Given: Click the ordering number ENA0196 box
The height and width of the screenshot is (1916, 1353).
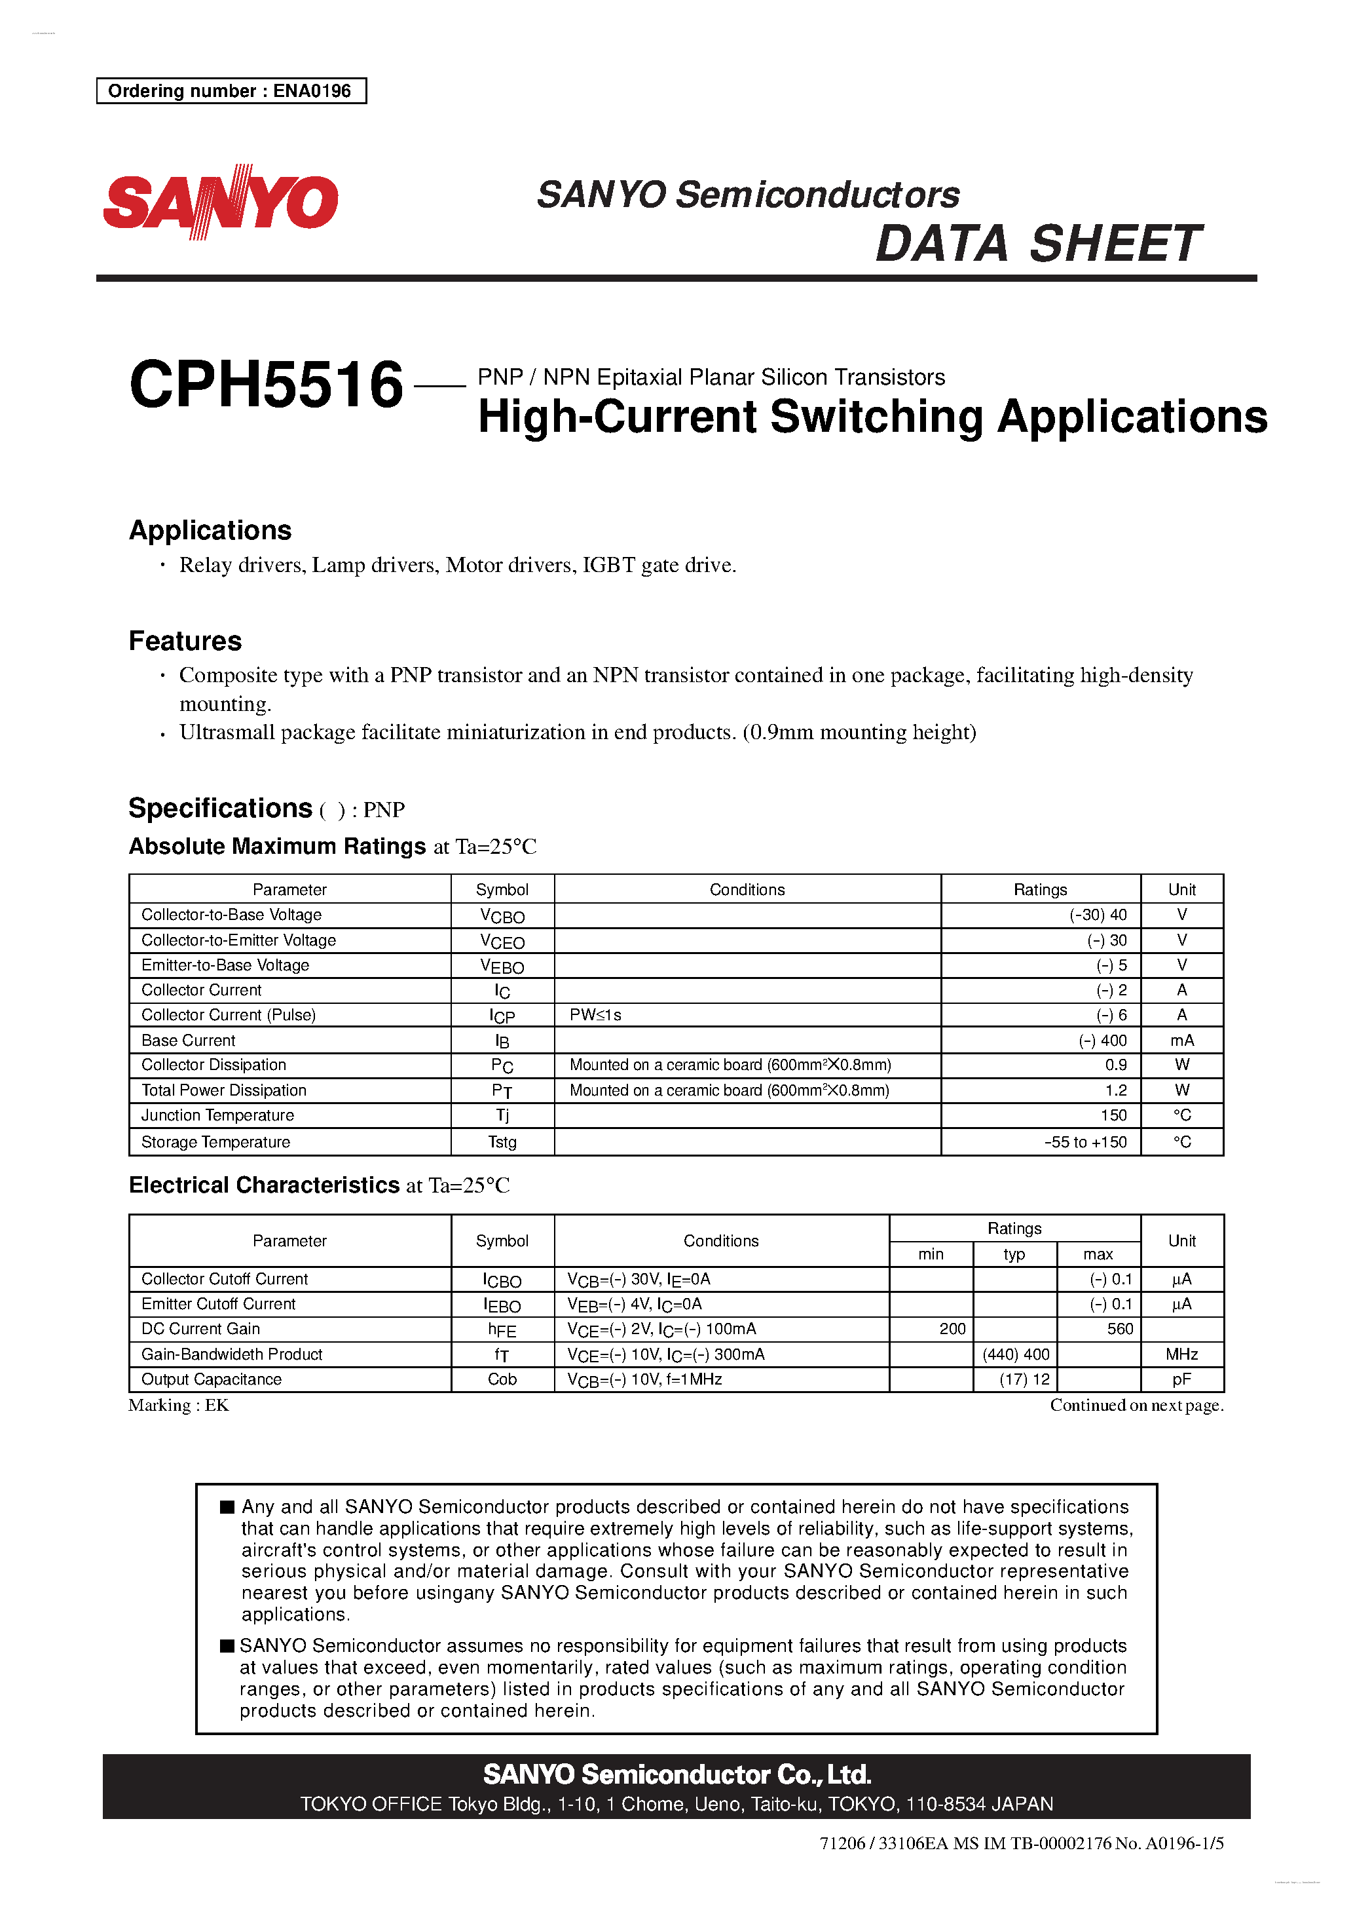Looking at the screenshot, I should pyautogui.click(x=231, y=91).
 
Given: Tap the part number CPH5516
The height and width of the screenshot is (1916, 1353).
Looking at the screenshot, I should pyautogui.click(x=266, y=385).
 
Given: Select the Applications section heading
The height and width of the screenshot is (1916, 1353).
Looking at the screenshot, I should pyautogui.click(x=210, y=531).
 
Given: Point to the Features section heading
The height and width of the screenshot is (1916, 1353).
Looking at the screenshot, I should pyautogui.click(x=185, y=641).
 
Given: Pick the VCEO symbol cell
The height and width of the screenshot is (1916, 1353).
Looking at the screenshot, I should pyautogui.click(x=502, y=942).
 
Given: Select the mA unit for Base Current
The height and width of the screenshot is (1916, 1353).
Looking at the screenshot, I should pyautogui.click(x=1181, y=1041).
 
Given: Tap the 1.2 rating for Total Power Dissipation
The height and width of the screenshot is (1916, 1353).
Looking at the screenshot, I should pyautogui.click(x=1115, y=1090).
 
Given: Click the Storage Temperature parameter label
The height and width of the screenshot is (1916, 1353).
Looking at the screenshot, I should pyautogui.click(x=216, y=1142).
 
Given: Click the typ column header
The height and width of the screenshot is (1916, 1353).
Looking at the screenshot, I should pyautogui.click(x=1014, y=1254).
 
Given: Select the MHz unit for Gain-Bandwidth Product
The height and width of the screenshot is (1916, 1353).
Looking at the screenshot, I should pyautogui.click(x=1181, y=1354).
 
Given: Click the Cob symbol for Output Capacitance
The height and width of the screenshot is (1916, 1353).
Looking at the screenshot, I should pyautogui.click(x=502, y=1379).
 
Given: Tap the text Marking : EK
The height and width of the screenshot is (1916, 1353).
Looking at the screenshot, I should pyautogui.click(x=179, y=1406).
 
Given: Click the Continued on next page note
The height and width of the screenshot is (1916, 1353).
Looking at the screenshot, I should pyautogui.click(x=1136, y=1406).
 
